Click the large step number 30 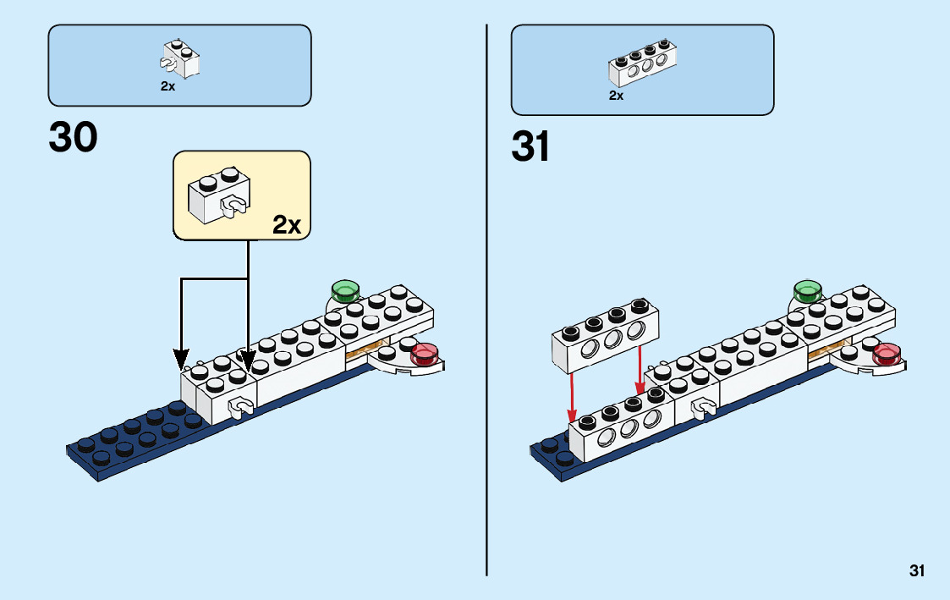[x=73, y=137]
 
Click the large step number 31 [x=530, y=146]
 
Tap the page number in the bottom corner [x=917, y=570]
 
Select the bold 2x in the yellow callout [x=287, y=225]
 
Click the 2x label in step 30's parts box [x=167, y=86]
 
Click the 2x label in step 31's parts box [x=616, y=95]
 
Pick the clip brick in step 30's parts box [x=180, y=58]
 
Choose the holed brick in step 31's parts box [x=642, y=62]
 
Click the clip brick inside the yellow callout [x=219, y=195]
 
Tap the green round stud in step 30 [x=345, y=291]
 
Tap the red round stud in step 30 [x=425, y=354]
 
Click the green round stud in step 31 [x=808, y=291]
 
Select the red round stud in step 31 [x=887, y=354]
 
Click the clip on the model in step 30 [x=240, y=407]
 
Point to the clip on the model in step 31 [x=704, y=407]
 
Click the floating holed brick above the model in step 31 [x=605, y=335]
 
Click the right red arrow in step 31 [x=640, y=370]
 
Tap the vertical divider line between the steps [x=486, y=300]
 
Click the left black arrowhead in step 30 [x=181, y=360]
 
